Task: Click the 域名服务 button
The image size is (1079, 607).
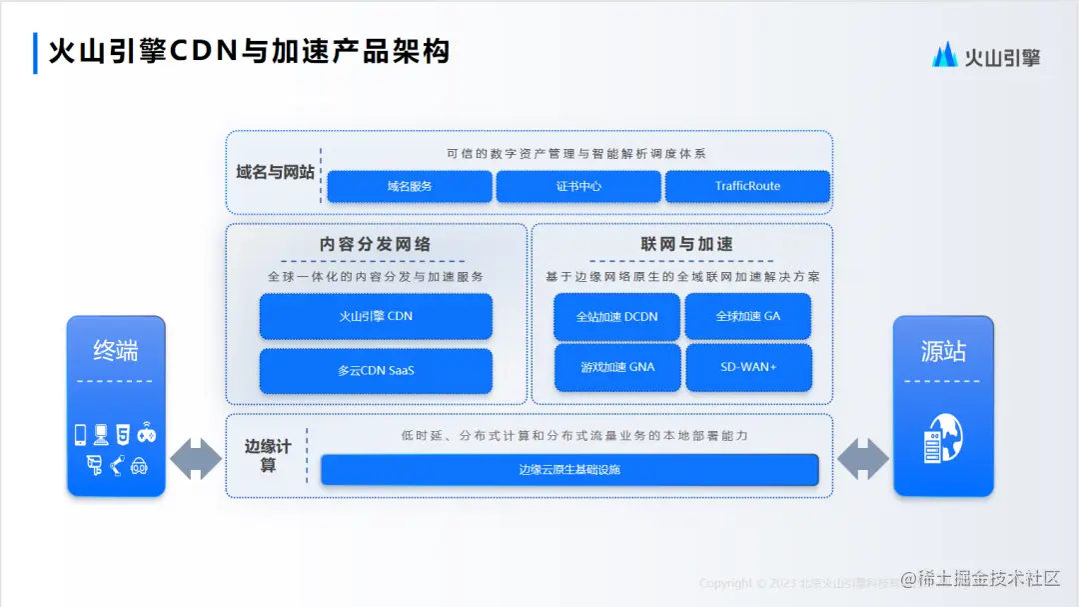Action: [x=410, y=186]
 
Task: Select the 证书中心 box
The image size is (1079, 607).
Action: [x=578, y=186]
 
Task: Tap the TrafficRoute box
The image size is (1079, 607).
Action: [x=747, y=186]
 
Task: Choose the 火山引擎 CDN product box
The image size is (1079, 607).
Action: [x=376, y=316]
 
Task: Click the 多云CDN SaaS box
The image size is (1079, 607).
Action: [x=376, y=370]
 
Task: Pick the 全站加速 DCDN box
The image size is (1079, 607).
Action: [x=616, y=316]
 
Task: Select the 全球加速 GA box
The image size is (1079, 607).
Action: [x=747, y=316]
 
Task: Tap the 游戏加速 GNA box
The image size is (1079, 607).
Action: [x=616, y=367]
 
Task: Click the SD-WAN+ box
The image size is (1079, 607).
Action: [x=747, y=367]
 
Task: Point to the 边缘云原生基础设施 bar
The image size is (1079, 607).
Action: [x=569, y=469]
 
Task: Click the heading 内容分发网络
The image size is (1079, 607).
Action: [x=376, y=244]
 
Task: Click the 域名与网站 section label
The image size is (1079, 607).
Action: [x=275, y=172]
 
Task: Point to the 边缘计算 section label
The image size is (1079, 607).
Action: [x=268, y=456]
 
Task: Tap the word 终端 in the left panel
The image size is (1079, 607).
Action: [x=116, y=350]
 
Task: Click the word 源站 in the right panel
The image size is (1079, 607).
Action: [x=943, y=351]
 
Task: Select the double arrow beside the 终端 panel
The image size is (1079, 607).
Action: [x=196, y=458]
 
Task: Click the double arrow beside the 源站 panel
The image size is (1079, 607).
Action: [x=862, y=458]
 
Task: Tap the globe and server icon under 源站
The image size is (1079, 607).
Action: [x=943, y=439]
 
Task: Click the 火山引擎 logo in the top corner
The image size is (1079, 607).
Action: [x=986, y=56]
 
